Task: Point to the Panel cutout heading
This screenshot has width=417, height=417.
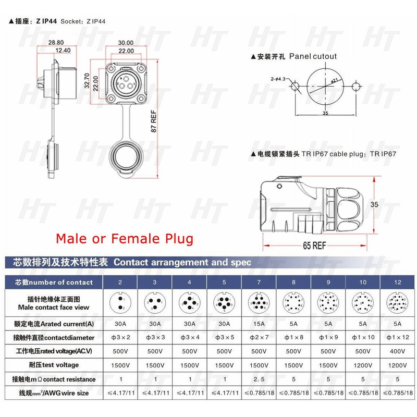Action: tap(293, 56)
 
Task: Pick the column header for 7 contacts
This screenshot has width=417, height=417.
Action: tap(259, 282)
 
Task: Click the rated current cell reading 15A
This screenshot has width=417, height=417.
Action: tap(259, 324)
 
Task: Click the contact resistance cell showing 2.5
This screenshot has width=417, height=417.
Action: tap(259, 379)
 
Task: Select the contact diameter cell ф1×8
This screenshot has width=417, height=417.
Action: tap(293, 337)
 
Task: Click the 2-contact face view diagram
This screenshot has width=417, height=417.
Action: tap(120, 303)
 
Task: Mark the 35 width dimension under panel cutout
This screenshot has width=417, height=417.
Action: tap(325, 112)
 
